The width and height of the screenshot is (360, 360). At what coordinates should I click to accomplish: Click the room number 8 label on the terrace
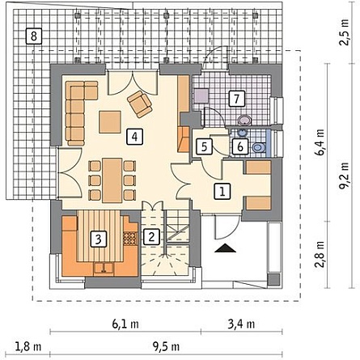(34, 36)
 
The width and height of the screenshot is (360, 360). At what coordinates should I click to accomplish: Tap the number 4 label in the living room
(134, 137)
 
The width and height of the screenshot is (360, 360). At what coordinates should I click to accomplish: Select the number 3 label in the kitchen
(99, 239)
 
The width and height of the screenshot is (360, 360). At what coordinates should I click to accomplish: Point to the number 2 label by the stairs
(151, 237)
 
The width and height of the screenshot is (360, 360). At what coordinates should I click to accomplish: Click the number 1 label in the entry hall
(222, 192)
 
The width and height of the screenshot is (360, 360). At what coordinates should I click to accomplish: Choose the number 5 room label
(204, 147)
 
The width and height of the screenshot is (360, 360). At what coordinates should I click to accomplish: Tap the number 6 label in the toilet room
(240, 147)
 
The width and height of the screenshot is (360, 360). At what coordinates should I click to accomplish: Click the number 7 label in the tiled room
(236, 99)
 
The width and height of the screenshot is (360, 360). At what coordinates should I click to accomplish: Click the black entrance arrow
(226, 248)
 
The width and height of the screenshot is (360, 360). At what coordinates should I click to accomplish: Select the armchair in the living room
(140, 104)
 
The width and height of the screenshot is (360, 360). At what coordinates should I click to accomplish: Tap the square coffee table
(110, 122)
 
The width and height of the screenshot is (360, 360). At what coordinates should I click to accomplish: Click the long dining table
(112, 180)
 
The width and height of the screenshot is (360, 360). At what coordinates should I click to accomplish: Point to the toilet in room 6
(259, 147)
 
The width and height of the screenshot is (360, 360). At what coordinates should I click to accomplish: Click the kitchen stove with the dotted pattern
(130, 238)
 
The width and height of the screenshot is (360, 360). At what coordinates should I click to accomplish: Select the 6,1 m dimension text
(125, 324)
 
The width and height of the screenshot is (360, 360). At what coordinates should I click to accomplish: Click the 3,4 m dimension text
(241, 324)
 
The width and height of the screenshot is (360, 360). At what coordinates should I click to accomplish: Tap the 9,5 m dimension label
(167, 346)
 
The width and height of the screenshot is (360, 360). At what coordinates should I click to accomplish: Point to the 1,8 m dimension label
(28, 346)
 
